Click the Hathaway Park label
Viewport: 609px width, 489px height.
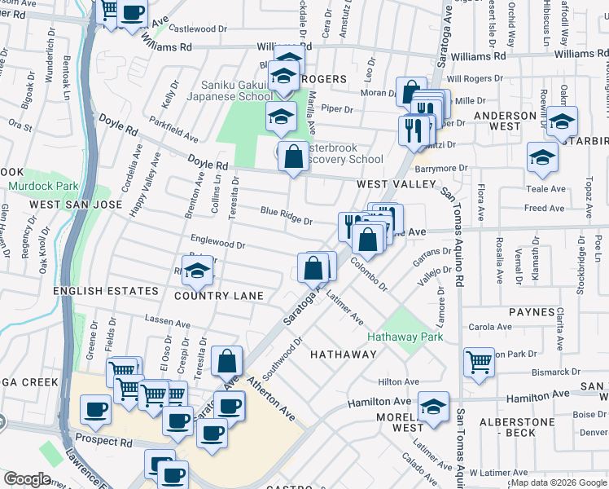point(405,336)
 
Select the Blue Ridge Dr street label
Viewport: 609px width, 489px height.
point(287,215)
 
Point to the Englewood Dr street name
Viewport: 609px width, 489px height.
point(217,243)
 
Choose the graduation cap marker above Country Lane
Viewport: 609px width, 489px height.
point(196,272)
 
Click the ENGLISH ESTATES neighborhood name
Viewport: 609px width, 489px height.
point(107,291)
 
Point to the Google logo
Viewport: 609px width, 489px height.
point(27,479)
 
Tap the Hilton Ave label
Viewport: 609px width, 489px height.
point(398,381)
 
